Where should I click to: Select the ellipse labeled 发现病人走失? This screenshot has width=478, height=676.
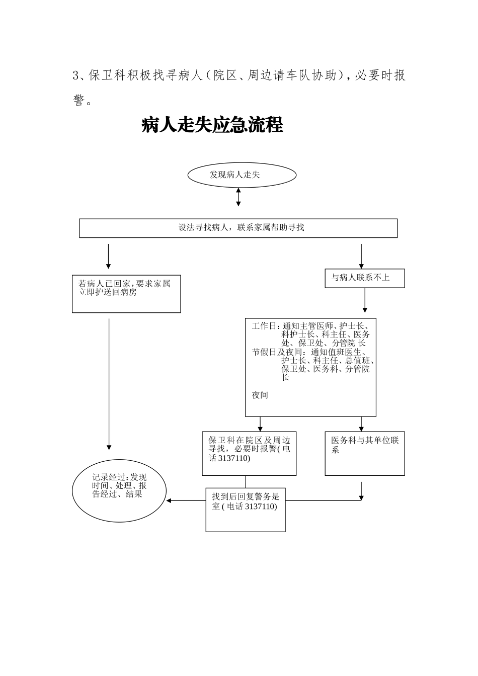(242, 175)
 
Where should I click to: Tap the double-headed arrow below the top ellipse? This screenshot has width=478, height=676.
(238, 197)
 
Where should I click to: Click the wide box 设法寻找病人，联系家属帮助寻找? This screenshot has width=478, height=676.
(238, 228)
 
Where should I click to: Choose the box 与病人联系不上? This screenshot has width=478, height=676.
(365, 278)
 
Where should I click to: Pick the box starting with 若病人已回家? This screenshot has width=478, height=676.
(126, 294)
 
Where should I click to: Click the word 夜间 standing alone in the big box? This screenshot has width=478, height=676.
(260, 395)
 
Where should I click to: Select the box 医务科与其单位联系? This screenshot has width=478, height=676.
(365, 453)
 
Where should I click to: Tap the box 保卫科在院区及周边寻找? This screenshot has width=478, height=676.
(249, 453)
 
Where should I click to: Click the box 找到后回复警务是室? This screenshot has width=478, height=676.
(246, 510)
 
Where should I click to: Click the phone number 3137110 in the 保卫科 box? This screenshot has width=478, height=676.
(234, 459)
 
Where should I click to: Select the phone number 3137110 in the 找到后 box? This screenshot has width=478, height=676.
(261, 507)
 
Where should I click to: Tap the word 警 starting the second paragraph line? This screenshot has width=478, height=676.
(78, 101)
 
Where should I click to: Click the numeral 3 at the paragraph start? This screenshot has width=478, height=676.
(76, 76)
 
